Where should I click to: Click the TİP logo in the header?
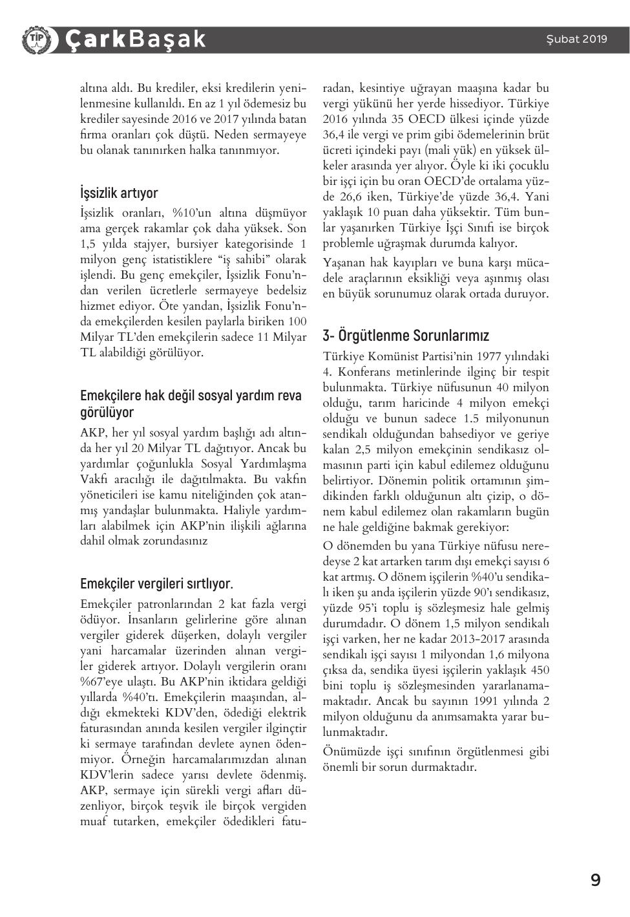coord(36,39)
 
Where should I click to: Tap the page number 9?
coord(595,880)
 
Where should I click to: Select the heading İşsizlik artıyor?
coord(119,193)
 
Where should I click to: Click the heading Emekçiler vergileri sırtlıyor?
coord(157,583)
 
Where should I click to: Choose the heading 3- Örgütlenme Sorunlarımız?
coord(406,336)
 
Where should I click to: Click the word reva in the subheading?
coord(290,395)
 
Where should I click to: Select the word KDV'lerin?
coord(106,775)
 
